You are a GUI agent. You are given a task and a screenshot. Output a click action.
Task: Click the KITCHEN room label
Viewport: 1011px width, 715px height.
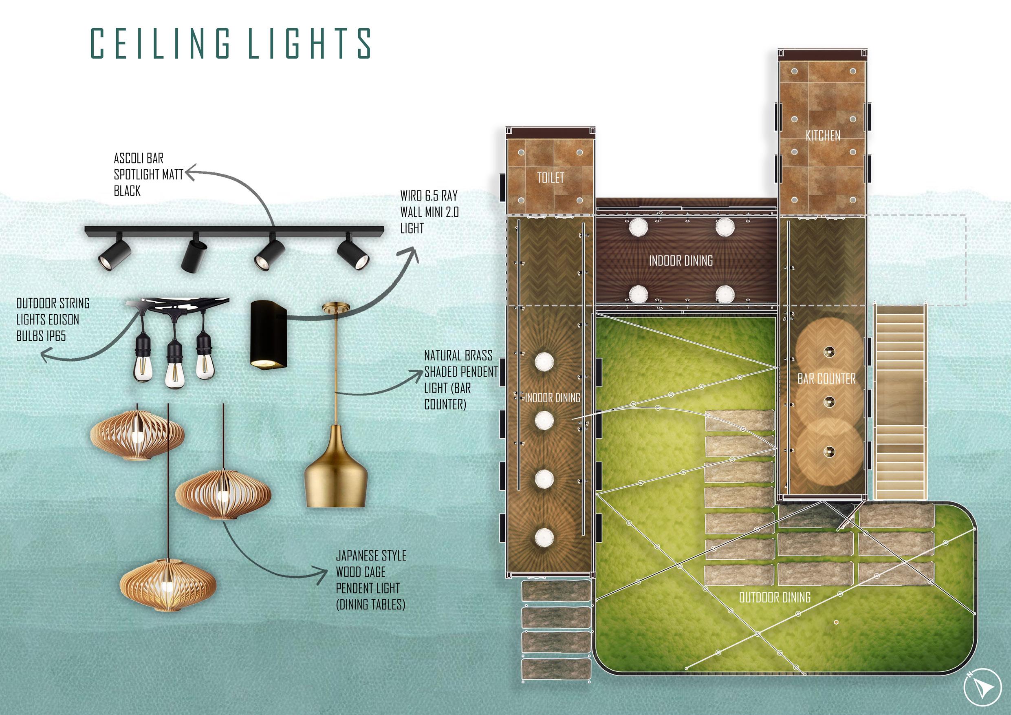pyautogui.click(x=823, y=136)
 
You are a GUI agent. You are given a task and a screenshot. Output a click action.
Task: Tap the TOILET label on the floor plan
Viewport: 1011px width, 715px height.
pyautogui.click(x=551, y=178)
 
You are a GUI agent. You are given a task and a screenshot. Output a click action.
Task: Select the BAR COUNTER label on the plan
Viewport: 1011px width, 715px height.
pyautogui.click(x=826, y=379)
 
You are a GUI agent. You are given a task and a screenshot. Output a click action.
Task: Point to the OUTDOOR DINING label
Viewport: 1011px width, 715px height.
pyautogui.click(x=775, y=597)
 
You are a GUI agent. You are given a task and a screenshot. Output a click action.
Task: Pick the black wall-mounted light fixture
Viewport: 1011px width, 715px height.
pyautogui.click(x=269, y=333)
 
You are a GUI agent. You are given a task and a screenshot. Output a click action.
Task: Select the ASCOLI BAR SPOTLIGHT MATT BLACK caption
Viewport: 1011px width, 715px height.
pyautogui.click(x=148, y=174)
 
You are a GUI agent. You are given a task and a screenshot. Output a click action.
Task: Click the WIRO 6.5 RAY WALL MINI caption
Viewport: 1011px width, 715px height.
pyautogui.click(x=430, y=212)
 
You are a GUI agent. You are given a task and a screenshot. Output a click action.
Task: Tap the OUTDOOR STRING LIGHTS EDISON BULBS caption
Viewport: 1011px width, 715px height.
pyautogui.click(x=53, y=320)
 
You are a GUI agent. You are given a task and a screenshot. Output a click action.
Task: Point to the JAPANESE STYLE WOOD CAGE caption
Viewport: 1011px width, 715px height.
pyautogui.click(x=371, y=580)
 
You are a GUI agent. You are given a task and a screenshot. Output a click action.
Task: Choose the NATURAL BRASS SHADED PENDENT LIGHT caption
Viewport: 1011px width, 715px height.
pyautogui.click(x=460, y=380)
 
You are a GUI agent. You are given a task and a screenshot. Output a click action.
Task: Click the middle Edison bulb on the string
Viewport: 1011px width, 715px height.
pyautogui.click(x=174, y=369)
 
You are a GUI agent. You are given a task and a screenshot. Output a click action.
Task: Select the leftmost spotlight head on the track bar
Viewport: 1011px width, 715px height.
pyautogui.click(x=115, y=254)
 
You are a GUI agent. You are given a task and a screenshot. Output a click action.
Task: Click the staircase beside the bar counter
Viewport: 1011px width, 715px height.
pyautogui.click(x=900, y=401)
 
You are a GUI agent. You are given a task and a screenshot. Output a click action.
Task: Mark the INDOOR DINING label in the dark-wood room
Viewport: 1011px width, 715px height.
pyautogui.click(x=681, y=261)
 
